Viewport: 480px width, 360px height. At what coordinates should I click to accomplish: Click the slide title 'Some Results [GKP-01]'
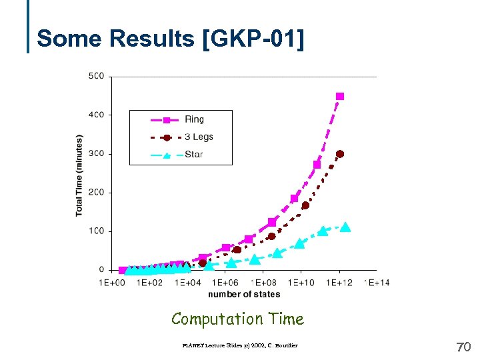pyautogui.click(x=170, y=39)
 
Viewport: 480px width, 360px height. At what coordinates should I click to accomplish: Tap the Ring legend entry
pyautogui.click(x=194, y=119)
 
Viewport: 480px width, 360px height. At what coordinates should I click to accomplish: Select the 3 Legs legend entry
pyautogui.click(x=199, y=137)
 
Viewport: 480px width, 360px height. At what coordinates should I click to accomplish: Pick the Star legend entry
pyautogui.click(x=193, y=154)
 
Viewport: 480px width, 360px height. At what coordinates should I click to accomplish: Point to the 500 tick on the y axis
pyautogui.click(x=96, y=76)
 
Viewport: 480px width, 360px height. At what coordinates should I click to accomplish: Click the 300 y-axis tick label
pyautogui.click(x=96, y=154)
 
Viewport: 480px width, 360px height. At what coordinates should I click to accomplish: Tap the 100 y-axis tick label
pyautogui.click(x=96, y=231)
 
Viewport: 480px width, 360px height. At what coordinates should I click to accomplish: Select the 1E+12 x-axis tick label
pyautogui.click(x=339, y=283)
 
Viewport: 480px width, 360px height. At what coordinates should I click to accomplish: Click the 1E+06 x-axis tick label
pyautogui.click(x=225, y=283)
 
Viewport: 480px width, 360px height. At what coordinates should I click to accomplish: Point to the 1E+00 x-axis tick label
pyautogui.click(x=112, y=283)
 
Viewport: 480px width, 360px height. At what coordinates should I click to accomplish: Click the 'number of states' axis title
pyautogui.click(x=244, y=294)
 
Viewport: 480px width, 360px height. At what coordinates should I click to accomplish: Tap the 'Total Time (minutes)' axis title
pyautogui.click(x=79, y=175)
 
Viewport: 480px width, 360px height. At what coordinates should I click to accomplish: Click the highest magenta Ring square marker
pyautogui.click(x=340, y=97)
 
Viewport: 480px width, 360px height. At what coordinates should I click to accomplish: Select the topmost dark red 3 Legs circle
pyautogui.click(x=340, y=154)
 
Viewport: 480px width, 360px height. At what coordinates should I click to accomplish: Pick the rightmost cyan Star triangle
pyautogui.click(x=345, y=227)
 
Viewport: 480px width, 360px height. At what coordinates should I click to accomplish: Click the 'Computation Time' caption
pyautogui.click(x=237, y=319)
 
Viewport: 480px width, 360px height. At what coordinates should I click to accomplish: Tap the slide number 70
pyautogui.click(x=463, y=347)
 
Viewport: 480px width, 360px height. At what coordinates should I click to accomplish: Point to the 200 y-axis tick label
pyautogui.click(x=96, y=193)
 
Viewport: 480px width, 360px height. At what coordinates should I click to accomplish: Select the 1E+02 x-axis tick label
pyautogui.click(x=149, y=283)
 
